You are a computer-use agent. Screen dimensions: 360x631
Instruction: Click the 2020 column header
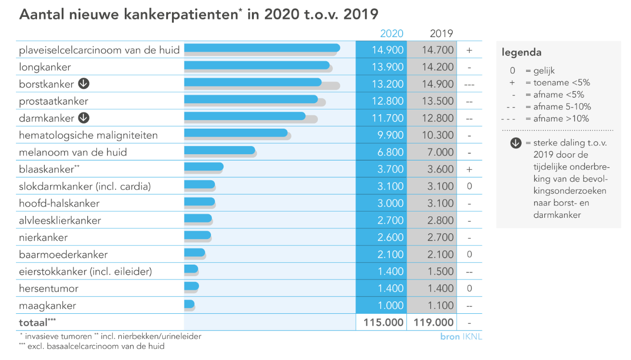point(392,34)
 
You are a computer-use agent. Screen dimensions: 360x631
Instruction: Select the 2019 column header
point(441,34)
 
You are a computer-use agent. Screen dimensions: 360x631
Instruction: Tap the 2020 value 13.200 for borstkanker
point(387,84)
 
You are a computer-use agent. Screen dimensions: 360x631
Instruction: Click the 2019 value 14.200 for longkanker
point(437,67)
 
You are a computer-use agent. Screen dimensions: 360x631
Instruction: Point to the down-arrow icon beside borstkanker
point(84,84)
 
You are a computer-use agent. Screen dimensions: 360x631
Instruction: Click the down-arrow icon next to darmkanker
point(84,118)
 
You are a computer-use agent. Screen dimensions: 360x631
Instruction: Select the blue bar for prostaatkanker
point(250,99)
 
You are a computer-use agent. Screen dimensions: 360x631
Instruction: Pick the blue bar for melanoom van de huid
point(219,150)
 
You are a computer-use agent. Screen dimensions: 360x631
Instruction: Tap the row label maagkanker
point(48,306)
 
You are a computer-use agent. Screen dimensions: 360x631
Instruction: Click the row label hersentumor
point(49,289)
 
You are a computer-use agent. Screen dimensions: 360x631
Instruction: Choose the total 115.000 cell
point(381,322)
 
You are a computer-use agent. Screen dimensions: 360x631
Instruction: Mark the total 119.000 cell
point(431,322)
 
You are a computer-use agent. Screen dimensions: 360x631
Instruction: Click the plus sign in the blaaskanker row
point(469,169)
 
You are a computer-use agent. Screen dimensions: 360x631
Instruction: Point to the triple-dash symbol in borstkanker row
point(469,84)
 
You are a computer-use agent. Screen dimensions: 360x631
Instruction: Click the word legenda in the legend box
point(522,53)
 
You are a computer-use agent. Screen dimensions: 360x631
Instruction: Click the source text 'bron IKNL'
point(461,337)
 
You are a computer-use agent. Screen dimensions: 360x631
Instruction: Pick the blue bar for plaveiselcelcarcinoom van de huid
point(262,48)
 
